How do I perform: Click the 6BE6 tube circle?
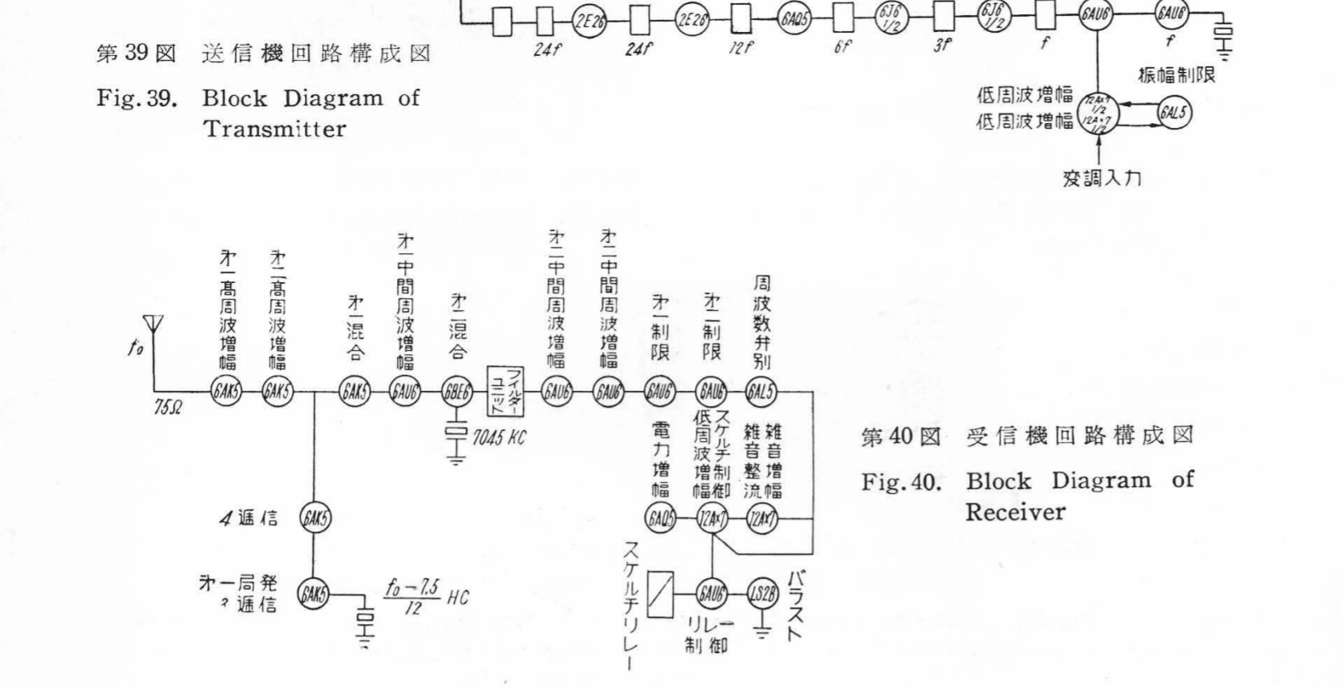pos(457,392)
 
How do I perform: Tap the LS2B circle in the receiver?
pos(761,592)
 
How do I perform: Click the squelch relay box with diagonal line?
pos(660,594)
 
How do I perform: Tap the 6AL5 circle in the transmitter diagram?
pos(1174,114)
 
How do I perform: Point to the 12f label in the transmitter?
pos(741,48)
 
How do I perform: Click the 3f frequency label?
pos(944,46)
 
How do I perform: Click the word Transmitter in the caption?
pos(274,129)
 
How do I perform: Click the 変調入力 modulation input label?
pos(1102,178)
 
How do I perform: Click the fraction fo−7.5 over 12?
pos(413,597)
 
